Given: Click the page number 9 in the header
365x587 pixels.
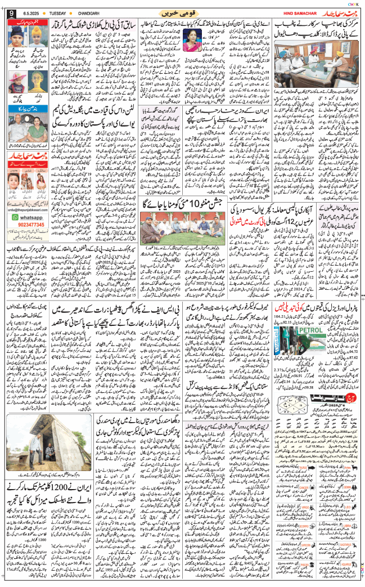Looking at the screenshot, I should [x=11, y=12].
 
